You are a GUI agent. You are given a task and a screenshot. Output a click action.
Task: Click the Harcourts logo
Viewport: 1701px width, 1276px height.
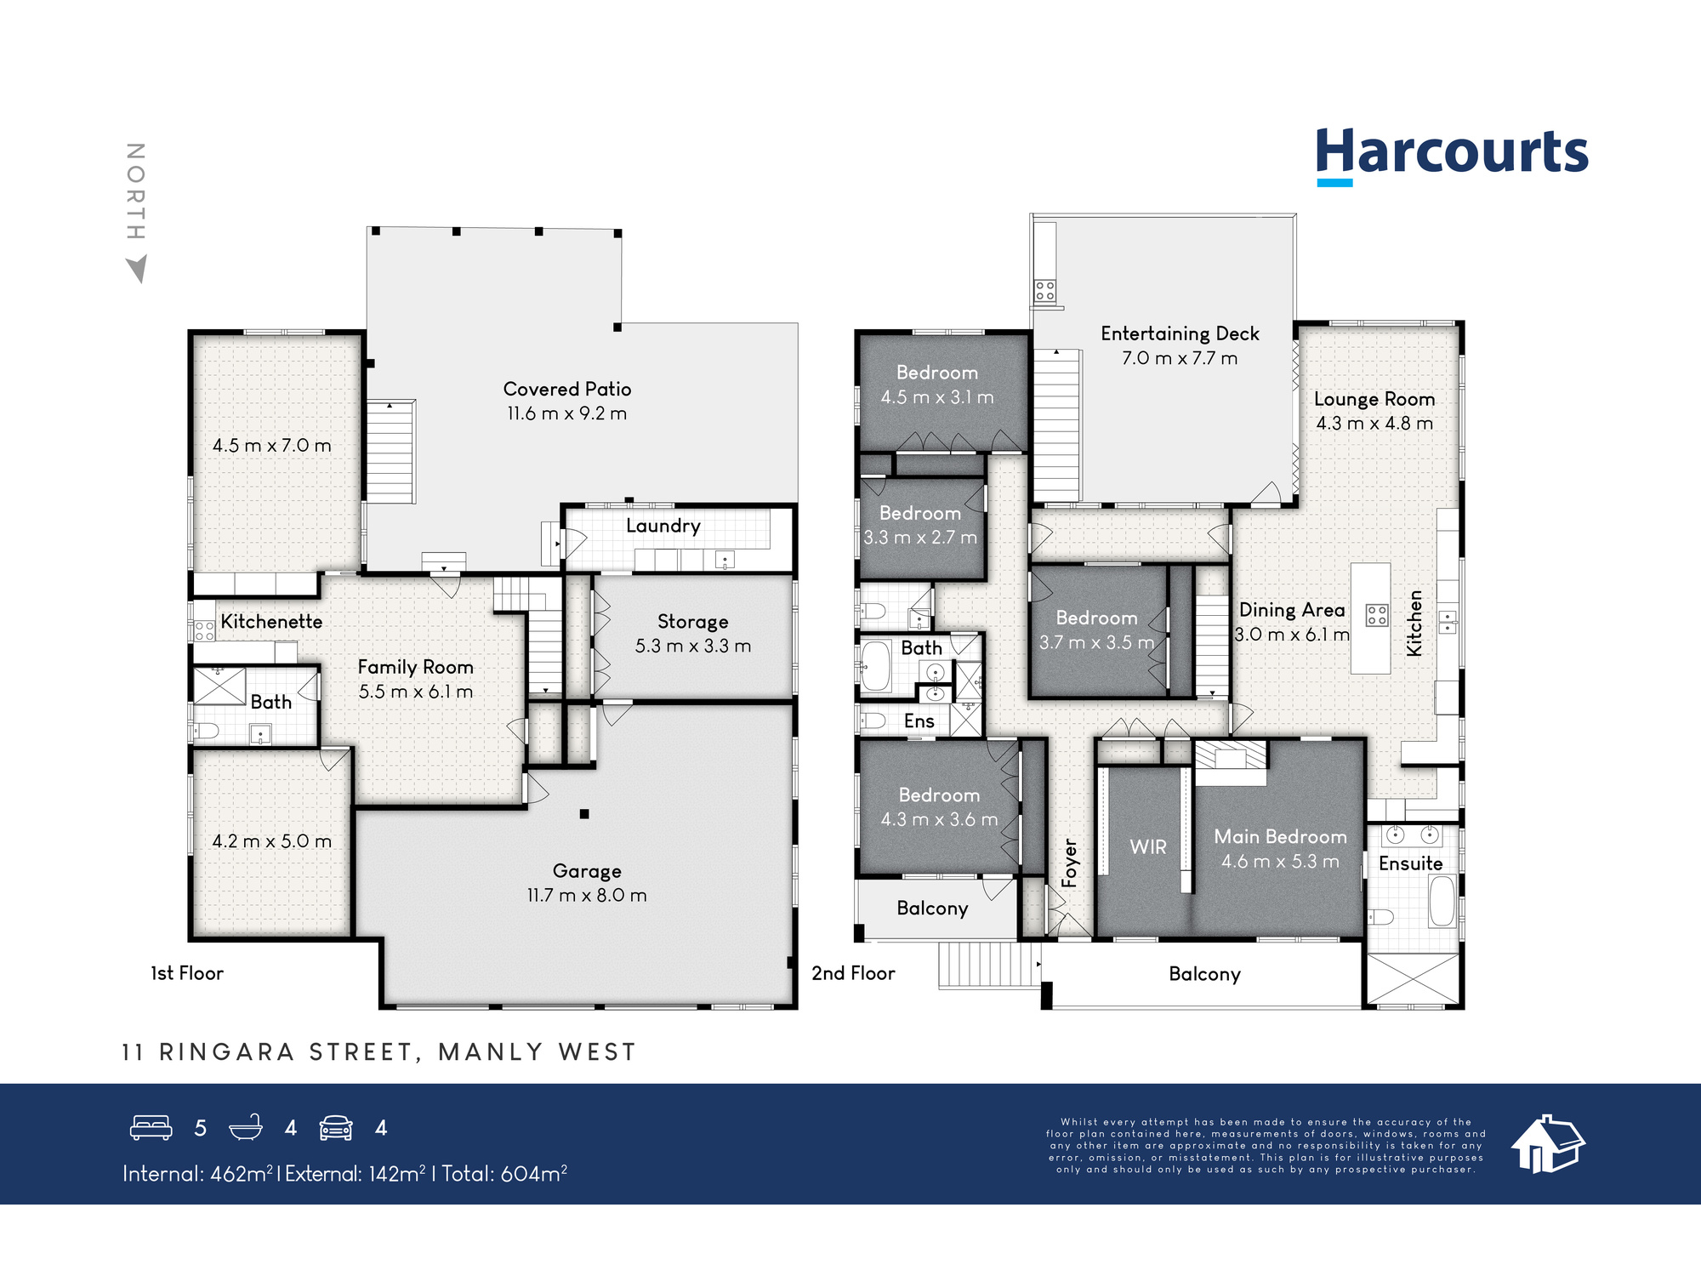tap(1452, 156)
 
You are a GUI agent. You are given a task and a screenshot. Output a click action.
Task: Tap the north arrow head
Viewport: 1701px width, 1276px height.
tap(137, 270)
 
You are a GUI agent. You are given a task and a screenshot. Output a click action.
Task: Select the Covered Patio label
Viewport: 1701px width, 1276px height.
tap(567, 389)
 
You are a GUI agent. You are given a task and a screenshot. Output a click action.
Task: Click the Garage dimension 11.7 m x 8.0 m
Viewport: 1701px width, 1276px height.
tap(587, 895)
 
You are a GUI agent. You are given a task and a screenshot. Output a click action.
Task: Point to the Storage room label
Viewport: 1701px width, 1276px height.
tap(692, 622)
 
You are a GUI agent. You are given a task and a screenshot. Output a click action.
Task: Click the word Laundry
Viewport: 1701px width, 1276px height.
tap(663, 527)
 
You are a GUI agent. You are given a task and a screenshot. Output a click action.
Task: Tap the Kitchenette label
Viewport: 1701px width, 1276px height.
tap(271, 622)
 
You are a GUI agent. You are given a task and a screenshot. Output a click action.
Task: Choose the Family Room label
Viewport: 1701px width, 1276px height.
tap(415, 667)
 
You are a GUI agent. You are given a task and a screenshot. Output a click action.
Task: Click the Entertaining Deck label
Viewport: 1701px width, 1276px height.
tap(1180, 333)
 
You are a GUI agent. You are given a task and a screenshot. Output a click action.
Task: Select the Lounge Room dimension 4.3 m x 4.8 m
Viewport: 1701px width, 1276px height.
tap(1374, 423)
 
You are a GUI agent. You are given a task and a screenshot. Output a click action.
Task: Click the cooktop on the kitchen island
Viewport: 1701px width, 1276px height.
tap(1377, 615)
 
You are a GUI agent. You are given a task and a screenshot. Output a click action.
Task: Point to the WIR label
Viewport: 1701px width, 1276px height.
tap(1148, 846)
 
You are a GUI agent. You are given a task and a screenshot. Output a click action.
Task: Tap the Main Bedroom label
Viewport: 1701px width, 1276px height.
tap(1280, 836)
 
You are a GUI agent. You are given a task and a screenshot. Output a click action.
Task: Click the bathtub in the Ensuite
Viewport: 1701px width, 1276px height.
tap(1442, 901)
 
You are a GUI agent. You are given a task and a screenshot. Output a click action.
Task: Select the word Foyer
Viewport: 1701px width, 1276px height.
tap(1070, 863)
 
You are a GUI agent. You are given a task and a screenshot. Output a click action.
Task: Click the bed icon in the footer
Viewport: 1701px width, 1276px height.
tap(151, 1128)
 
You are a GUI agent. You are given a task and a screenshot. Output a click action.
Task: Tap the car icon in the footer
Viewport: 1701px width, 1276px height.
tap(336, 1128)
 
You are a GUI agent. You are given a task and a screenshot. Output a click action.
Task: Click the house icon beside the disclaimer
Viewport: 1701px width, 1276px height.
tap(1548, 1144)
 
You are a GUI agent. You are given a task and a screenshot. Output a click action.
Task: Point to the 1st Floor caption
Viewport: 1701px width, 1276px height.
tap(187, 973)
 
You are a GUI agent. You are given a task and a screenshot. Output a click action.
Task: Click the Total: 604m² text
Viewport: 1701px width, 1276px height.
tap(504, 1174)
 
